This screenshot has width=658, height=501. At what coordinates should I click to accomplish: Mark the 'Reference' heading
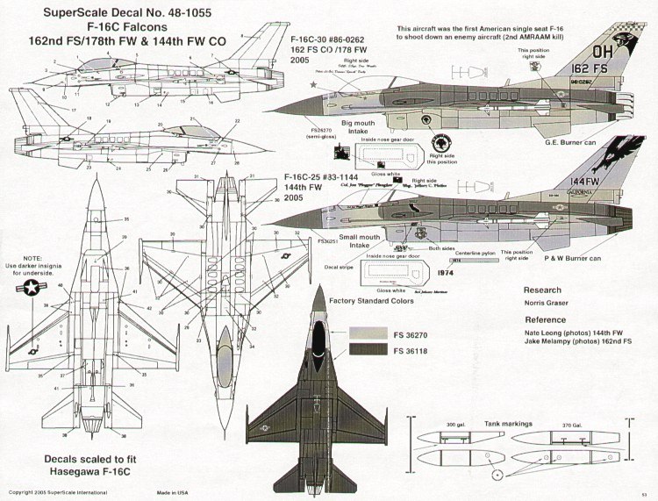[x=545, y=320]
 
